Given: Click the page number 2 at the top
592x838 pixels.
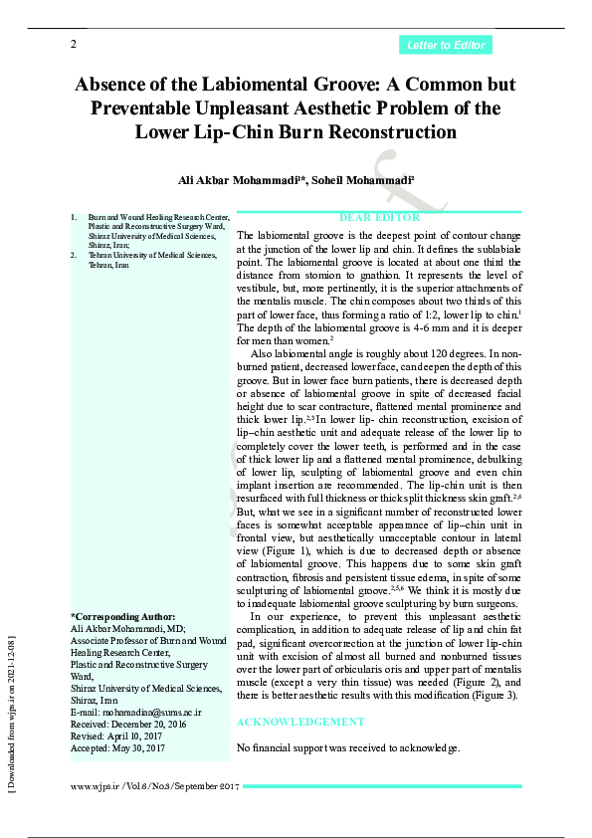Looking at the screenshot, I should [74, 45].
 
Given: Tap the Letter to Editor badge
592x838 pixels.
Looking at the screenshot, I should [446, 45].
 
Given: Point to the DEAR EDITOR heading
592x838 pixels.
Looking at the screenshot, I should [379, 217].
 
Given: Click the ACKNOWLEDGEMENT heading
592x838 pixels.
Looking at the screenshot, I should [301, 722].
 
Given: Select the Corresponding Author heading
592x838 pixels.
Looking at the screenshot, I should [122, 616].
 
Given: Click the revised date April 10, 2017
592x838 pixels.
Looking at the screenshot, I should [138, 736].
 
